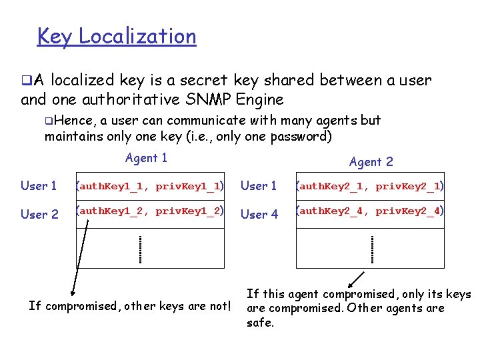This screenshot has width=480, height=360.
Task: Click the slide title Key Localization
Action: point(117,36)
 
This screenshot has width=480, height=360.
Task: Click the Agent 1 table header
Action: point(146,158)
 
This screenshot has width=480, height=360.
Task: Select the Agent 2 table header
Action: point(371,161)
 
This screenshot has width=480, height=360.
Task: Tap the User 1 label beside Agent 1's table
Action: point(39,186)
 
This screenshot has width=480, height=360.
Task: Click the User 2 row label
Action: point(39,215)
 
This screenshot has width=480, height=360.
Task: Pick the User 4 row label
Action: point(259,215)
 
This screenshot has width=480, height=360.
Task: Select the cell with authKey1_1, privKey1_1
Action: point(149,186)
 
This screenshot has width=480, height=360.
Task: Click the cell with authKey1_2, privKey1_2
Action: point(149,211)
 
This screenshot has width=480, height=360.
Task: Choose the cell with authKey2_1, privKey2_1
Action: point(370,186)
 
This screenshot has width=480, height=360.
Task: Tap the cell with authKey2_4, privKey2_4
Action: point(370,211)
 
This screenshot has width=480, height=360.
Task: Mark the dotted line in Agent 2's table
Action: point(372,249)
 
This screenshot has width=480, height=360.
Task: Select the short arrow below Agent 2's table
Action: point(357,278)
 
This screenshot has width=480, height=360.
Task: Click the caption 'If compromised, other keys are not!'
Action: point(130,306)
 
